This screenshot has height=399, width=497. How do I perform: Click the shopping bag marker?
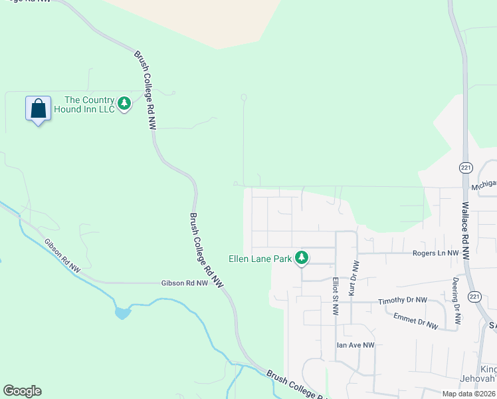[38, 108]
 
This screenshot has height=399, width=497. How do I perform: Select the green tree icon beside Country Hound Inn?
[124, 104]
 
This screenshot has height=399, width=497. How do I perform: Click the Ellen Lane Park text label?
[260, 259]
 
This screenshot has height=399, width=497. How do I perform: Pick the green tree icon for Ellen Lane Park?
[302, 257]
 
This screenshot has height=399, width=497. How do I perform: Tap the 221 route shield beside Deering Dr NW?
[474, 296]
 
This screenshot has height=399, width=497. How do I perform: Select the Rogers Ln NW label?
[435, 253]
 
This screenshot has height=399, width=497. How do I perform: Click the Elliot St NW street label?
[336, 297]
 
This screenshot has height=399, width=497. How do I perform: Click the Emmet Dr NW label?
[415, 321]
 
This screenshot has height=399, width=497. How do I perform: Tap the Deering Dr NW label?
[456, 301]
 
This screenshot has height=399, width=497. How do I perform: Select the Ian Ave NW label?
[355, 345]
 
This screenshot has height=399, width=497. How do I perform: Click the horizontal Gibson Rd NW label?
[185, 283]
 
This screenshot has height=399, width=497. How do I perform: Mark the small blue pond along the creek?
[122, 312]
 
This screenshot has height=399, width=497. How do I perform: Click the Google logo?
[22, 391]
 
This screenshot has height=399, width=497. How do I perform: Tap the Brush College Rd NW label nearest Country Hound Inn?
[145, 90]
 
